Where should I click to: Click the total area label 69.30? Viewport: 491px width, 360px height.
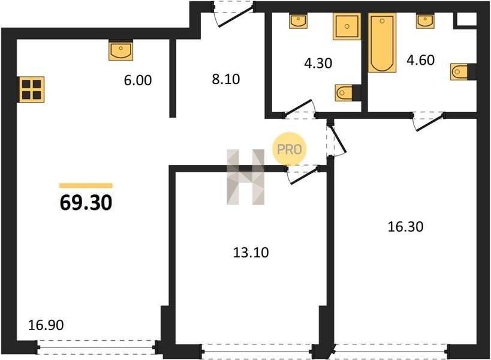click(86, 202)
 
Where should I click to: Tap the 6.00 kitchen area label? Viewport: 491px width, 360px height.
click(138, 80)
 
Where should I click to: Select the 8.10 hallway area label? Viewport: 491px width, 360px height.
click(226, 79)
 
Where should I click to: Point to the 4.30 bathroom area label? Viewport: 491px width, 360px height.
click(318, 63)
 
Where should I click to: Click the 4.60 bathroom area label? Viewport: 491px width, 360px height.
click(420, 60)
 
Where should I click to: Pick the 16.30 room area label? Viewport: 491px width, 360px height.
click(405, 227)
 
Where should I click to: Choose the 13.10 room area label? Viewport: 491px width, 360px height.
click(251, 252)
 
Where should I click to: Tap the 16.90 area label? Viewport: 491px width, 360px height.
click(46, 325)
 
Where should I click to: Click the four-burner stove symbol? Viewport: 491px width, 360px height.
click(32, 89)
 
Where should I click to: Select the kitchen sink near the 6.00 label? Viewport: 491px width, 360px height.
click(121, 50)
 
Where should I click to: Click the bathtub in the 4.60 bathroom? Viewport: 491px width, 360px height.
click(382, 43)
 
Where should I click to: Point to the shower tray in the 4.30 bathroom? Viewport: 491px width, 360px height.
click(347, 26)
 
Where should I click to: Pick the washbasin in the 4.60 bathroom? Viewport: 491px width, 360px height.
click(425, 20)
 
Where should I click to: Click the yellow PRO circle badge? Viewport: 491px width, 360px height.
click(290, 149)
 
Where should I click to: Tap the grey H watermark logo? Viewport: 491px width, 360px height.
click(246, 178)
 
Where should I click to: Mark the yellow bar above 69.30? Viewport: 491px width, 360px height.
click(86, 185)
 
